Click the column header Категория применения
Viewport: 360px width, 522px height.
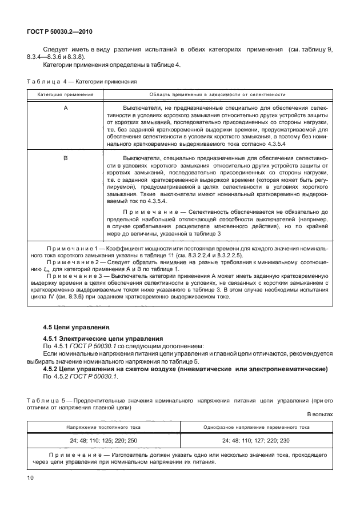tap(66, 94)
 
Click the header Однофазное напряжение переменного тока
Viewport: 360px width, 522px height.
tap(257, 427)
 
